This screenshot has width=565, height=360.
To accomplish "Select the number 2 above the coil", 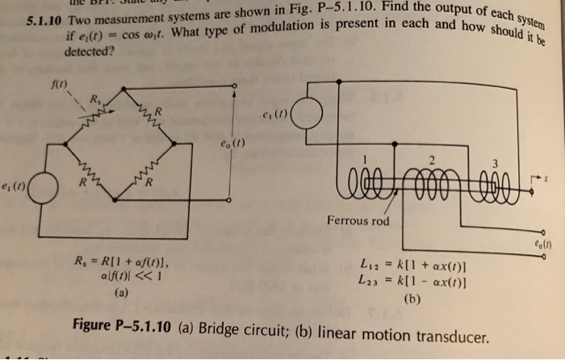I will point(433,158).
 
